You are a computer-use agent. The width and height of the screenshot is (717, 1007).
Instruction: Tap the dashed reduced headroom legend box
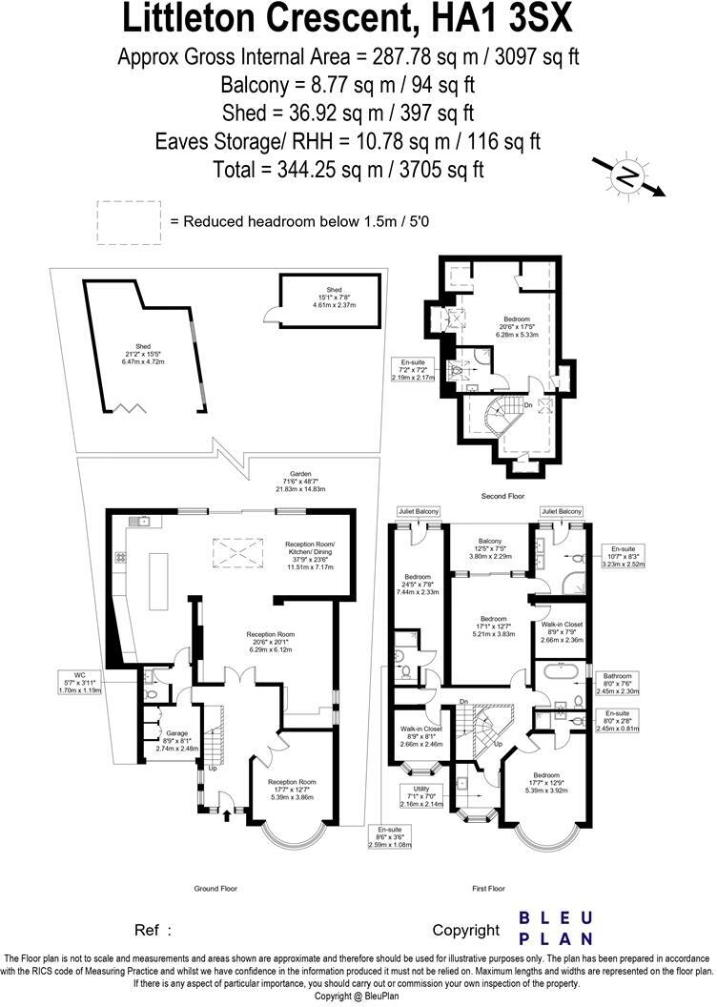point(130,220)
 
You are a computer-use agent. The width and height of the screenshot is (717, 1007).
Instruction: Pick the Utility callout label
point(417,795)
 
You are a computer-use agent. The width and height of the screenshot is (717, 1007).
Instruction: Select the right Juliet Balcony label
point(561,512)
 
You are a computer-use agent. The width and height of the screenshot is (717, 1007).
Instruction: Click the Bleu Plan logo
point(556,928)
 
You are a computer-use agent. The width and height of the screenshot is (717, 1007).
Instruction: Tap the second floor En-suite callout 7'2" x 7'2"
point(413,370)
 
